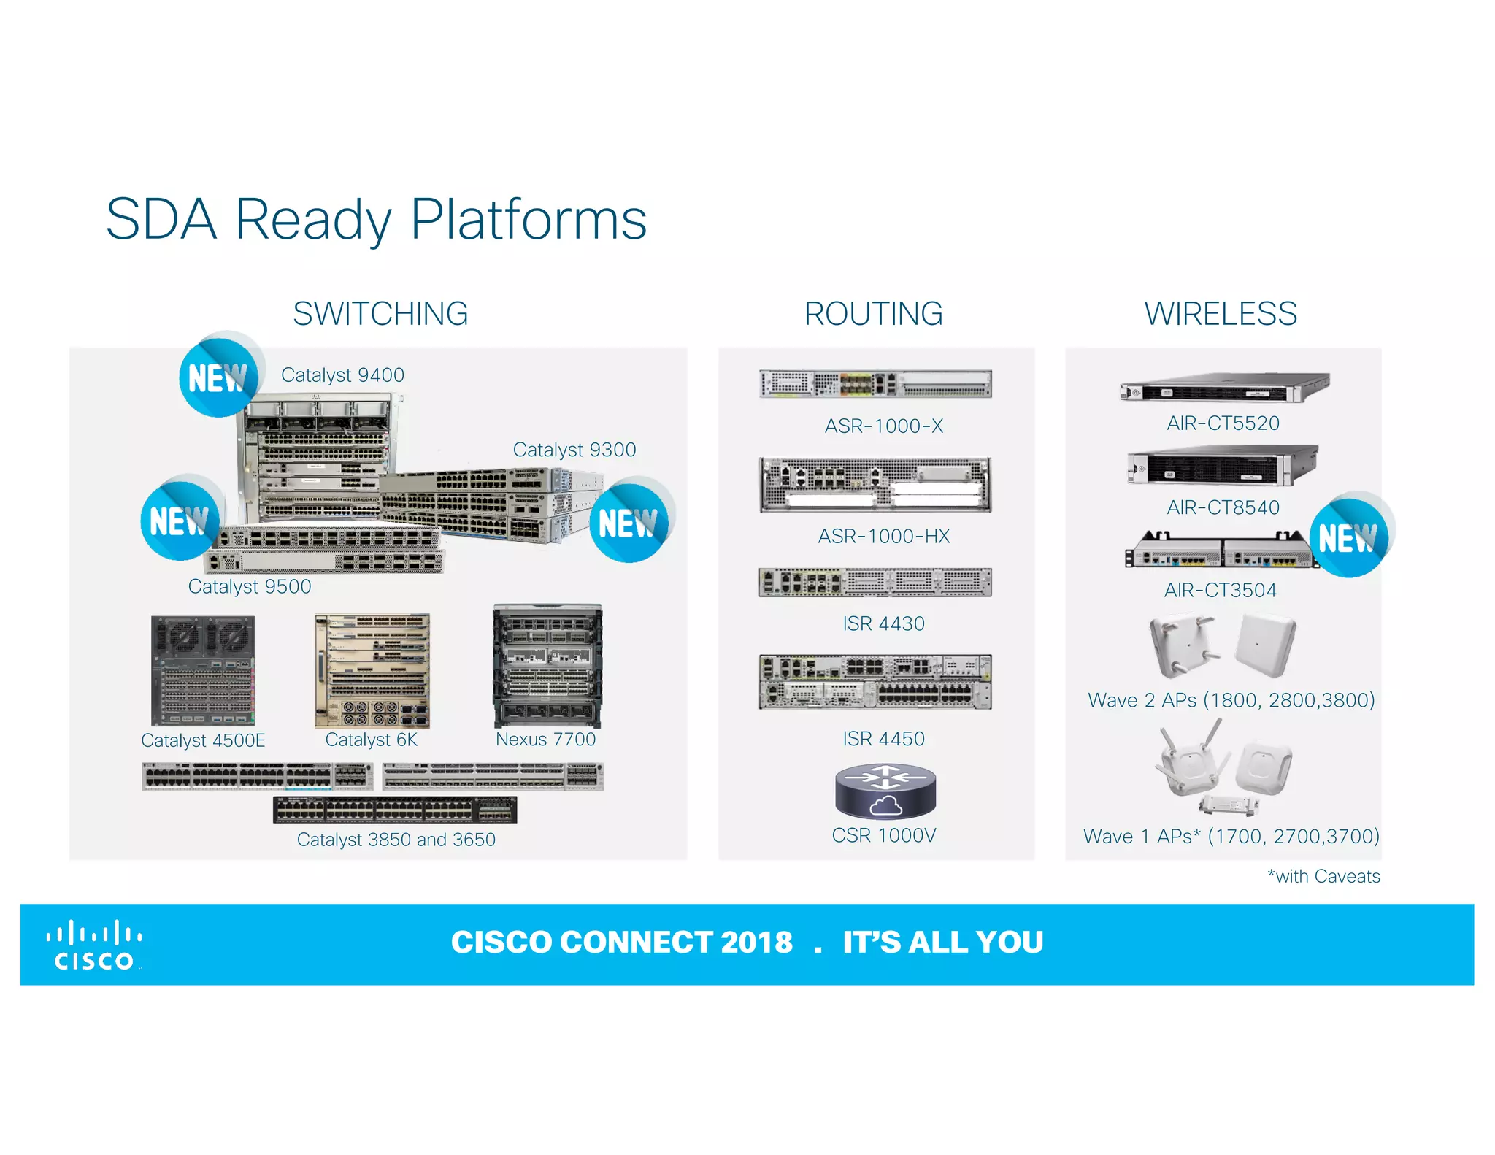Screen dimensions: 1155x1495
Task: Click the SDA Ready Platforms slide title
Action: (x=376, y=219)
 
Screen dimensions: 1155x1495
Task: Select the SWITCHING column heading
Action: (x=380, y=314)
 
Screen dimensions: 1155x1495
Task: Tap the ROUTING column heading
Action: (x=873, y=314)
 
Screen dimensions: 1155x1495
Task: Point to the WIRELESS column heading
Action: (x=1220, y=314)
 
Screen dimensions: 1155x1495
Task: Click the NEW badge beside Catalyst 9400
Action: (x=218, y=377)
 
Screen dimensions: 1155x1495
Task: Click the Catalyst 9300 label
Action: (x=574, y=450)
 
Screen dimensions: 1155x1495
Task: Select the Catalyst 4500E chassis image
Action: (x=203, y=670)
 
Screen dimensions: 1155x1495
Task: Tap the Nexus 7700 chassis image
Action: (x=547, y=665)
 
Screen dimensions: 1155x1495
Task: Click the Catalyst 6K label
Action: (x=371, y=740)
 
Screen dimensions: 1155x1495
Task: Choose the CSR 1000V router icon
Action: (x=885, y=791)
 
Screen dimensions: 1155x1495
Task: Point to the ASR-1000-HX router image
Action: (x=875, y=484)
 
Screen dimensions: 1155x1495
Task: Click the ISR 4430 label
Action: (x=883, y=623)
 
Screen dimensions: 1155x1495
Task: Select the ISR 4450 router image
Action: (x=875, y=682)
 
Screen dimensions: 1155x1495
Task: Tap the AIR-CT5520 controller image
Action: (x=1224, y=388)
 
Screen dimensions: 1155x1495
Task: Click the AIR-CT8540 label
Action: (x=1223, y=507)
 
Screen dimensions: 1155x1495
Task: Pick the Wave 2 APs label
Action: (x=1231, y=700)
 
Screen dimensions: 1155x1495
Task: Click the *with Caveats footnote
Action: (x=1323, y=876)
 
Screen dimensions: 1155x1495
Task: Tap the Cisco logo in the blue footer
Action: (x=94, y=946)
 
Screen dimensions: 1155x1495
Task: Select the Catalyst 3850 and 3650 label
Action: (x=396, y=840)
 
